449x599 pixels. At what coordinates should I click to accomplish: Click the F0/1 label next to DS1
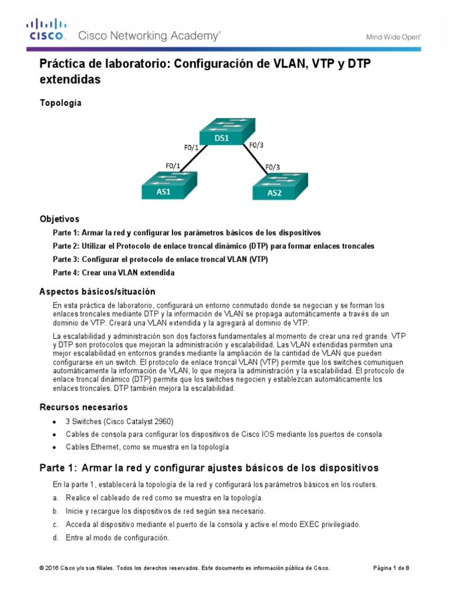189,147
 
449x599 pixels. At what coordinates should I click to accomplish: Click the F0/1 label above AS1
173,166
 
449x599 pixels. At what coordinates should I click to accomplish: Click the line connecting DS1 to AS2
255,159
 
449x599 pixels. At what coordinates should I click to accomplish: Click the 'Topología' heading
60,103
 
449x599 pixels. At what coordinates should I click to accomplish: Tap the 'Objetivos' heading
59,219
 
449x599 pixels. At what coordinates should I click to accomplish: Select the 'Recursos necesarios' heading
83,407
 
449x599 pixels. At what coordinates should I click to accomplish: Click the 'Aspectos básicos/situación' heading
97,291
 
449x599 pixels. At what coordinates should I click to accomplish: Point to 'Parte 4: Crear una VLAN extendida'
113,273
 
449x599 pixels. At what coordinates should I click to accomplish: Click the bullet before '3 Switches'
54,422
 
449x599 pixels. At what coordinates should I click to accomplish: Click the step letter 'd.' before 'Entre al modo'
56,538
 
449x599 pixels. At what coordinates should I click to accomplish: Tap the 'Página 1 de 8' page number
391,568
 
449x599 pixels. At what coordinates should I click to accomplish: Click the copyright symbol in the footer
42,568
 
